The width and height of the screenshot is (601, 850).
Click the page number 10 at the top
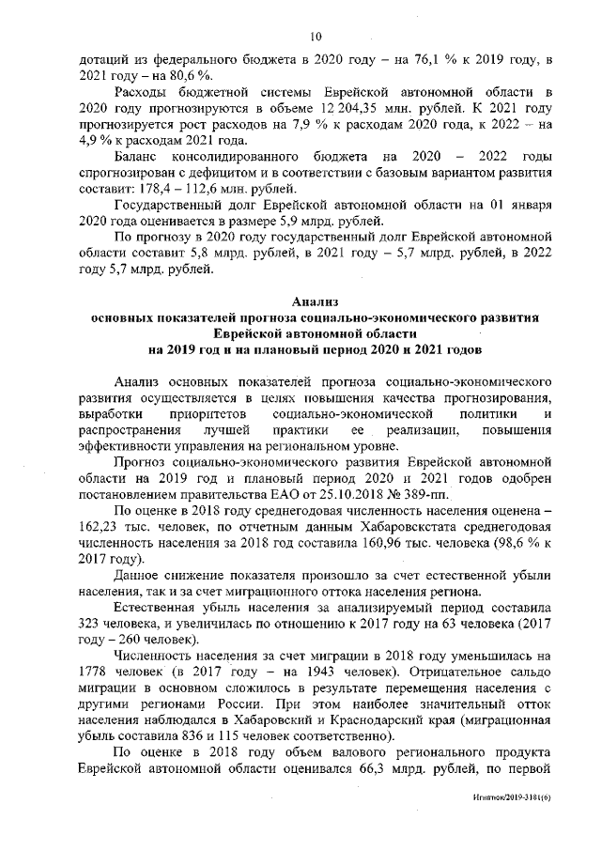[315, 37]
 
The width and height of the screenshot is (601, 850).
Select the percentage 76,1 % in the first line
[420, 61]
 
